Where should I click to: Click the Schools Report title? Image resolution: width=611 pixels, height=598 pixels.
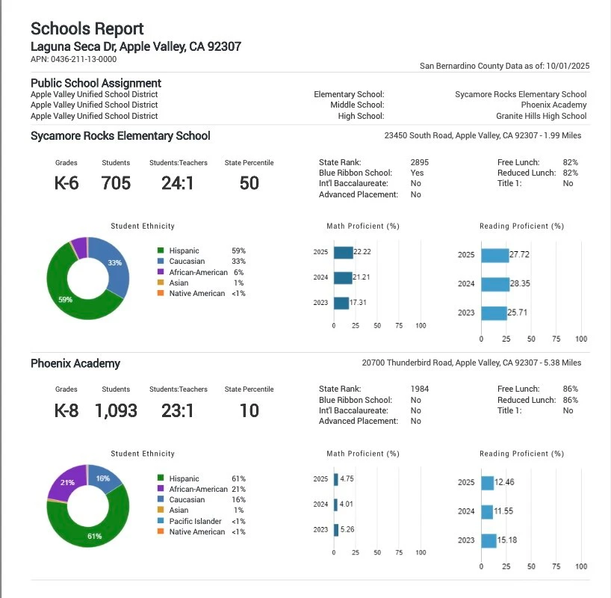point(87,28)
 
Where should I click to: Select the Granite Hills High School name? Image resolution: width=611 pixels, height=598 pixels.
point(541,116)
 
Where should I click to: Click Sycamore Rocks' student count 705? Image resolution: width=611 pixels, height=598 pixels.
point(116,182)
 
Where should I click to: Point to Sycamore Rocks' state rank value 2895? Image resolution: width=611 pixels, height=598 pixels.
point(420,162)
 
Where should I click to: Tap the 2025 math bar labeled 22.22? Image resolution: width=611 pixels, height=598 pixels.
point(343,253)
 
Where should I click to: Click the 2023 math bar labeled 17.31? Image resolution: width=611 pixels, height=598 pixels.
point(341,303)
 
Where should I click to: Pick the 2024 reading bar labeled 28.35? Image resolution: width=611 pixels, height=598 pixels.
point(494,284)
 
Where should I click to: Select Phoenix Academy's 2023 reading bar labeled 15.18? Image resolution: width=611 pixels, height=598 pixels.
point(489,540)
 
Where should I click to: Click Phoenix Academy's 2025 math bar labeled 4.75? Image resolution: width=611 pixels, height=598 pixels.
point(336,478)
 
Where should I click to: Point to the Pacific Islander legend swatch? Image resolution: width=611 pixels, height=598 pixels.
point(160,521)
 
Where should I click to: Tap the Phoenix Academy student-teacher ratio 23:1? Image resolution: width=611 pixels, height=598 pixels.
point(178,410)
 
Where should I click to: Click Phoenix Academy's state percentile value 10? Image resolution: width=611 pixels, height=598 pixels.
point(249,410)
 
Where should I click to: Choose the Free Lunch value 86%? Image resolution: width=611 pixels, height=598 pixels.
point(570,389)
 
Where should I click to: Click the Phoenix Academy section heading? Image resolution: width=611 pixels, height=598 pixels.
point(75,363)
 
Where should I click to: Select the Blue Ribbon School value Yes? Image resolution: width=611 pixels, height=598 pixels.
point(417,173)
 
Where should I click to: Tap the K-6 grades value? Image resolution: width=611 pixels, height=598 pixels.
point(66,182)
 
